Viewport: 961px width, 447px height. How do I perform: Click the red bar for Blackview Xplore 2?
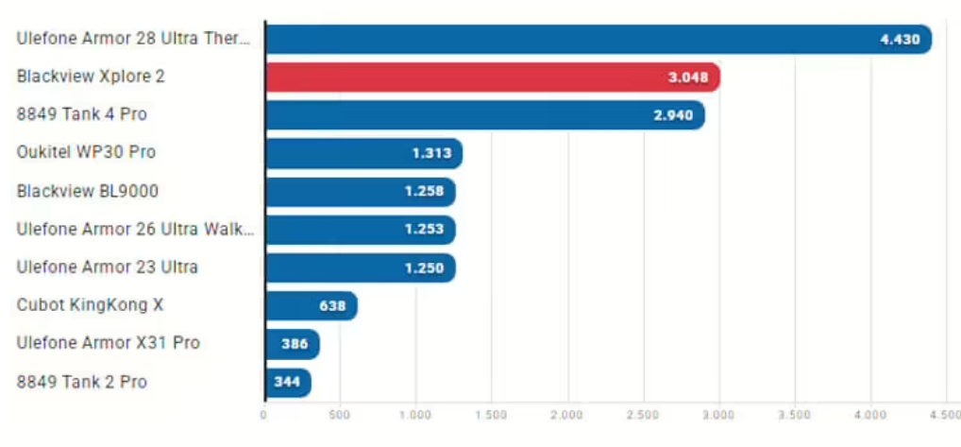(491, 77)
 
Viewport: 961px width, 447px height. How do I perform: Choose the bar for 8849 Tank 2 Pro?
(287, 382)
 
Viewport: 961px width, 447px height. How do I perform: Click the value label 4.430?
(899, 40)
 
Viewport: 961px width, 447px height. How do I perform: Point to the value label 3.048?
(688, 77)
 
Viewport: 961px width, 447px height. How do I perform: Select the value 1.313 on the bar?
(431, 153)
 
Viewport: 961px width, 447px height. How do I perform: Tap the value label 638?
(332, 305)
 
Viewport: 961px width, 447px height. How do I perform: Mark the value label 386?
(295, 344)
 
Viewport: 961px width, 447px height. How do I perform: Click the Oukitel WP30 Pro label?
(86, 152)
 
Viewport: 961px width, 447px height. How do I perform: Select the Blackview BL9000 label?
(88, 191)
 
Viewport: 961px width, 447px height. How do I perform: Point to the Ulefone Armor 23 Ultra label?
(108, 266)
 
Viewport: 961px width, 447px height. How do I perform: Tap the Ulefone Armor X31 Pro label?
(109, 343)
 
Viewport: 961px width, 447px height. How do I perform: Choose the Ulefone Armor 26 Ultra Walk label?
(136, 229)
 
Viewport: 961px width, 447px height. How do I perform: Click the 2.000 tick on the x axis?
(566, 414)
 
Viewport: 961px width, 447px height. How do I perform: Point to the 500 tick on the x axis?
(340, 414)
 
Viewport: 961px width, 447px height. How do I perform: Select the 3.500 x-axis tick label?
(795, 414)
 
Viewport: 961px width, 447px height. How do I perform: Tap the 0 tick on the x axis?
(264, 414)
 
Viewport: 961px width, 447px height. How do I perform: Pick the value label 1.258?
(424, 192)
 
